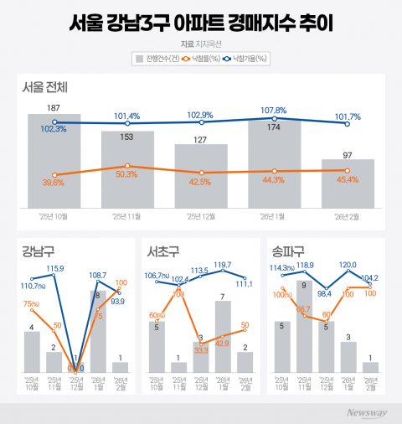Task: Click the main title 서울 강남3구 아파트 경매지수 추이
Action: coord(201,21)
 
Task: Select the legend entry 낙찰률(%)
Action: coord(204,59)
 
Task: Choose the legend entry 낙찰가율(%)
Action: coord(248,59)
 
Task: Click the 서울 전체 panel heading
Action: coord(46,87)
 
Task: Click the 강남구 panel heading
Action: coord(36,250)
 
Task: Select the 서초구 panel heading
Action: coord(162,250)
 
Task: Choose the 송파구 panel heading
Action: coord(288,250)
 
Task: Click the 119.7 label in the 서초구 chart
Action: coord(221,265)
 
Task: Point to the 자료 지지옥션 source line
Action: coord(200,43)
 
